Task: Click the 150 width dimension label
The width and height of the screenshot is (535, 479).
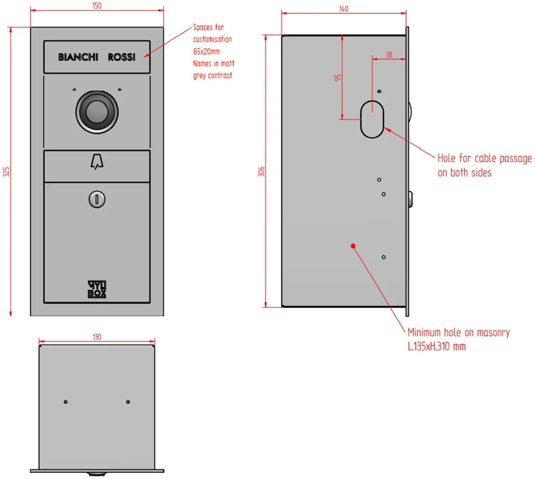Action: (97, 6)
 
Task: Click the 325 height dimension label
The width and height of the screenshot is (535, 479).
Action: (6, 172)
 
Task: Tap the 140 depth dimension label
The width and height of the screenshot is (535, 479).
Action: (344, 8)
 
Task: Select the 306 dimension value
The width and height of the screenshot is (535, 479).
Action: (261, 171)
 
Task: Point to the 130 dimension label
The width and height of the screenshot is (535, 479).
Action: (97, 337)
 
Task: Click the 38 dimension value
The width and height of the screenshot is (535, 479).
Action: (389, 55)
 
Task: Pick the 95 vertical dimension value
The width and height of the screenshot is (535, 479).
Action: (337, 78)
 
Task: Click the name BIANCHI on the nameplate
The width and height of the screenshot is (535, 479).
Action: (78, 57)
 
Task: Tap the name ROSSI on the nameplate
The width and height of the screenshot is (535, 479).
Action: (122, 57)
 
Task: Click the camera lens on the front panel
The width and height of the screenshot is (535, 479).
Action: (97, 112)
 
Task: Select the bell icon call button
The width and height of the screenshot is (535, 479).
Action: (97, 162)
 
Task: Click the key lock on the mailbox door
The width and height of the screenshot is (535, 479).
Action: (97, 199)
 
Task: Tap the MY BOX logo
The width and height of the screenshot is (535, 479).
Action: (97, 289)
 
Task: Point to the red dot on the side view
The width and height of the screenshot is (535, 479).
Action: (353, 246)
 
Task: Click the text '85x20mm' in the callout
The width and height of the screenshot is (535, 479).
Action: (207, 51)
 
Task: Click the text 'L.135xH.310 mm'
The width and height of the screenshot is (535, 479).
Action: (437, 347)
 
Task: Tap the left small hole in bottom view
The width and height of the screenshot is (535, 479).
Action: (65, 402)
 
